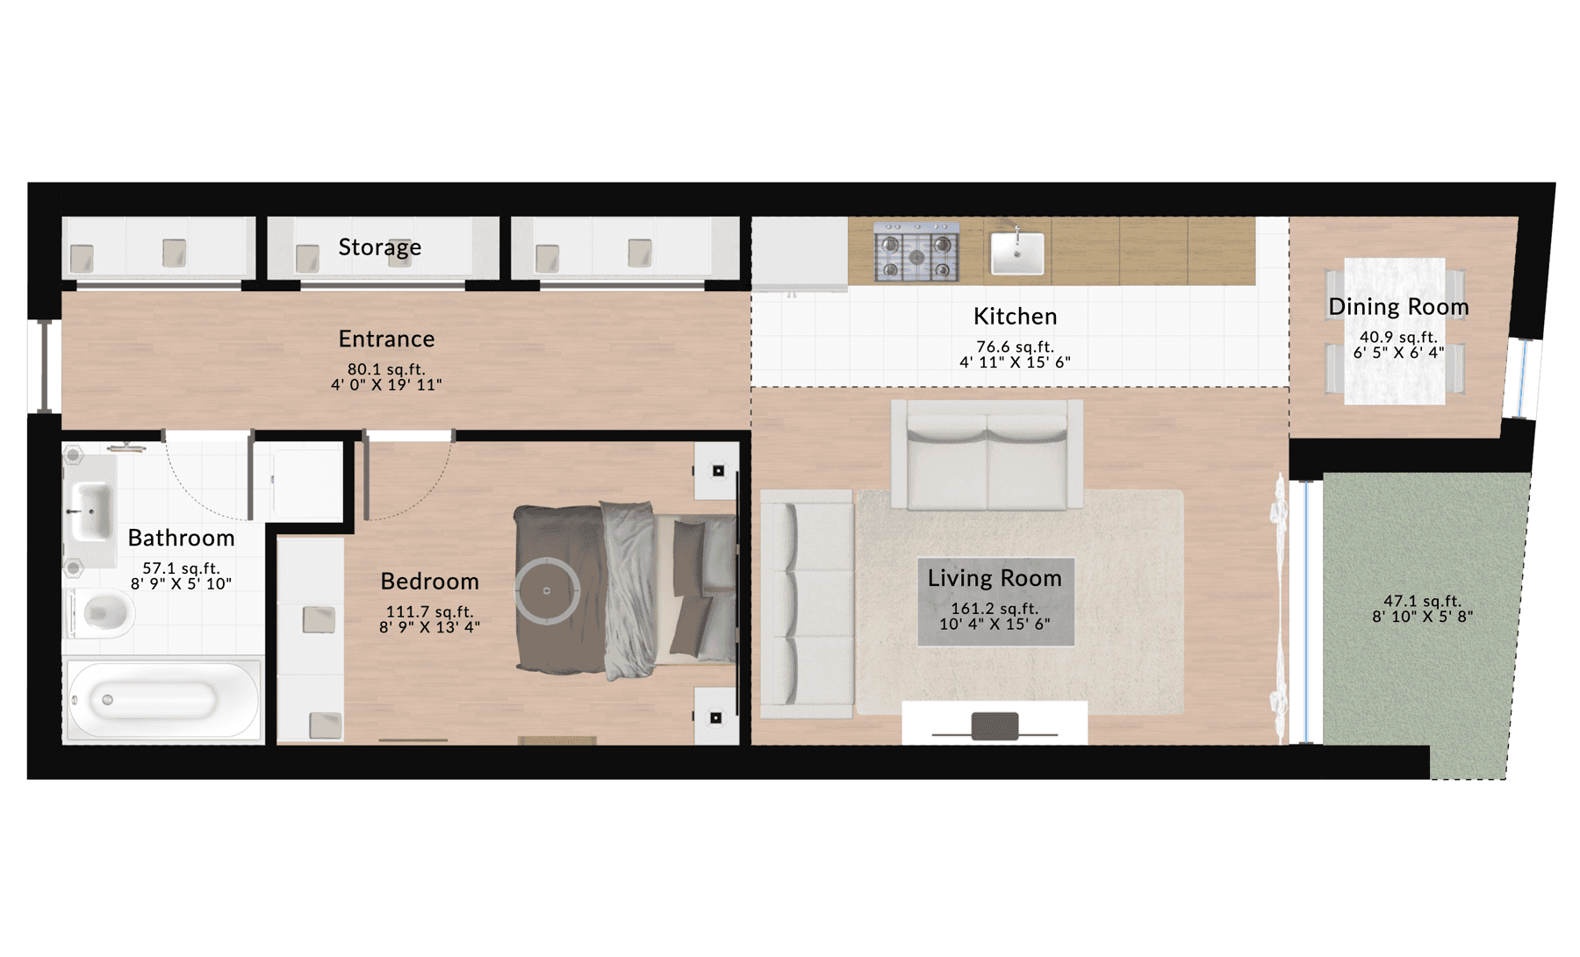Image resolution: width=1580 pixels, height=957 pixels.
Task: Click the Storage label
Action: click(x=380, y=247)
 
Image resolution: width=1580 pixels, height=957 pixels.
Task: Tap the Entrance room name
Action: click(x=386, y=339)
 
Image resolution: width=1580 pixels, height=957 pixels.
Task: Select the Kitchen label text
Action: click(x=1015, y=316)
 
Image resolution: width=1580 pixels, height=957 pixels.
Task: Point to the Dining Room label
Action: click(x=1398, y=306)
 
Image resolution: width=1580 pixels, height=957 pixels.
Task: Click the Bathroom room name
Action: click(x=181, y=538)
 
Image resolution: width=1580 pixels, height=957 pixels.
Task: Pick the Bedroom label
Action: click(x=429, y=581)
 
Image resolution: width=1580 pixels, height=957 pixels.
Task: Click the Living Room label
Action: click(x=995, y=578)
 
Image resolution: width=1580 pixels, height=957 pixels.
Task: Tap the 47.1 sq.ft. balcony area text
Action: click(x=1422, y=601)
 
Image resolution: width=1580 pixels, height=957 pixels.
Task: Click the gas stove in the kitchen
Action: click(x=916, y=252)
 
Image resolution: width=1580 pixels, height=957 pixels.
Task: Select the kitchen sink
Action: click(x=1017, y=252)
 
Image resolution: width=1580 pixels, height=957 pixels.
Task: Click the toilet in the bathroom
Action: click(x=101, y=612)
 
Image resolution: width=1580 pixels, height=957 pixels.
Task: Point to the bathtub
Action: click(x=163, y=700)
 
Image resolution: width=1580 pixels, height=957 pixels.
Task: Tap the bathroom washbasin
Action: click(x=90, y=511)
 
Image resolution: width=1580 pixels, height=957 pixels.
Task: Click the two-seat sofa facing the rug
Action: click(x=987, y=454)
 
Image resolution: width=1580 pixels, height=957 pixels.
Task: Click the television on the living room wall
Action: click(x=995, y=727)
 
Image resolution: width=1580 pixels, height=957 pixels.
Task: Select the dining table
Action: click(x=1395, y=331)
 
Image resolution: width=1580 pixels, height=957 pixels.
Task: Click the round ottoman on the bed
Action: click(x=547, y=590)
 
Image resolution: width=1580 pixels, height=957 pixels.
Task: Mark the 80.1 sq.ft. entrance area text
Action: click(x=386, y=369)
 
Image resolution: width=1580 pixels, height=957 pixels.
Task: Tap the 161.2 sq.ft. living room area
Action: click(x=995, y=608)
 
